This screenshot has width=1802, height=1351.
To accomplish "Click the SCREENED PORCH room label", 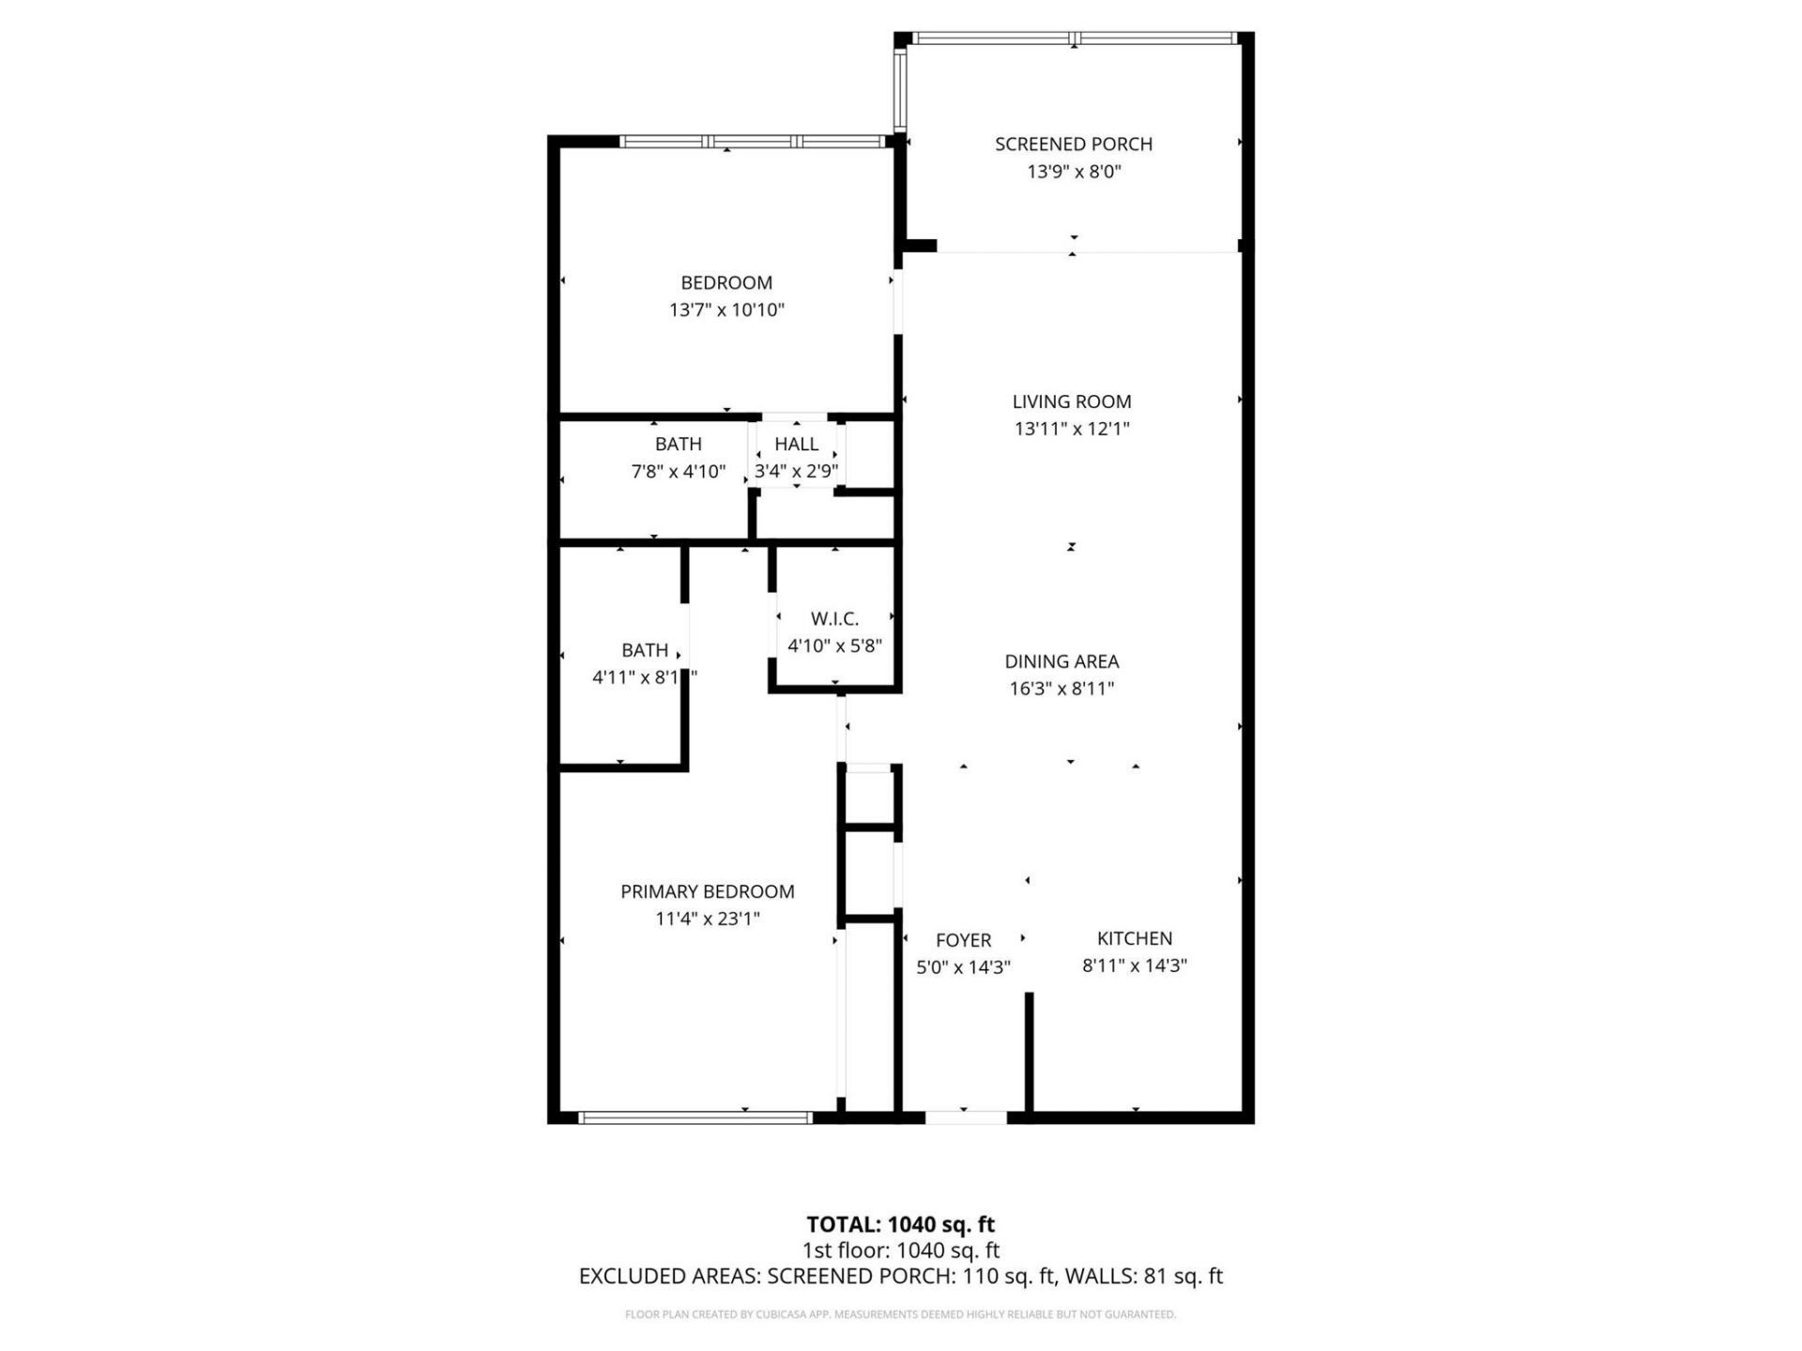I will (1073, 144).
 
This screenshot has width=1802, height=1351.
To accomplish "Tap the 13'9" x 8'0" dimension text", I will (1074, 172).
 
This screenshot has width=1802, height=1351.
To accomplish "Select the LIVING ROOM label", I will (1071, 402).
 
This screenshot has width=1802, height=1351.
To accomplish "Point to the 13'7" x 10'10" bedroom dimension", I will (725, 310).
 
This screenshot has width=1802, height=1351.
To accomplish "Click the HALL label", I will (796, 444).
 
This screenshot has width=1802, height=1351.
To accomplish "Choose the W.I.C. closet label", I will (834, 618).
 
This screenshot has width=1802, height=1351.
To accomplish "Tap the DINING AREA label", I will (1061, 661).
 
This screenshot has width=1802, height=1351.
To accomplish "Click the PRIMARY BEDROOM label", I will (707, 891).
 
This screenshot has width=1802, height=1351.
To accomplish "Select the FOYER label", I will (963, 940).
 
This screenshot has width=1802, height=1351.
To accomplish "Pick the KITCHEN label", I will (1135, 938).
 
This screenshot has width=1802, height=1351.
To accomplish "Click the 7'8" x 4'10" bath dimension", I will (678, 471).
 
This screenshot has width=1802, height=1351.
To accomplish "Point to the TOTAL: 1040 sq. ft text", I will (900, 1224).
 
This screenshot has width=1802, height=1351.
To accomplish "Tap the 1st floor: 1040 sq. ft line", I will (900, 1251).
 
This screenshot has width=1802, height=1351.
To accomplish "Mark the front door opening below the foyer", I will (966, 1116).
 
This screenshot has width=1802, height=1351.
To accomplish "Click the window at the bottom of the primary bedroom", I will (695, 1116).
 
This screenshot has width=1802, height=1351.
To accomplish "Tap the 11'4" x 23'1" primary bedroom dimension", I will (707, 918).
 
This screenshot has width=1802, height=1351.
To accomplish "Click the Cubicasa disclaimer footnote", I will (900, 1314).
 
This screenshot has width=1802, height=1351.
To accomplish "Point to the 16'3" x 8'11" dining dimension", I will (1061, 689).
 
